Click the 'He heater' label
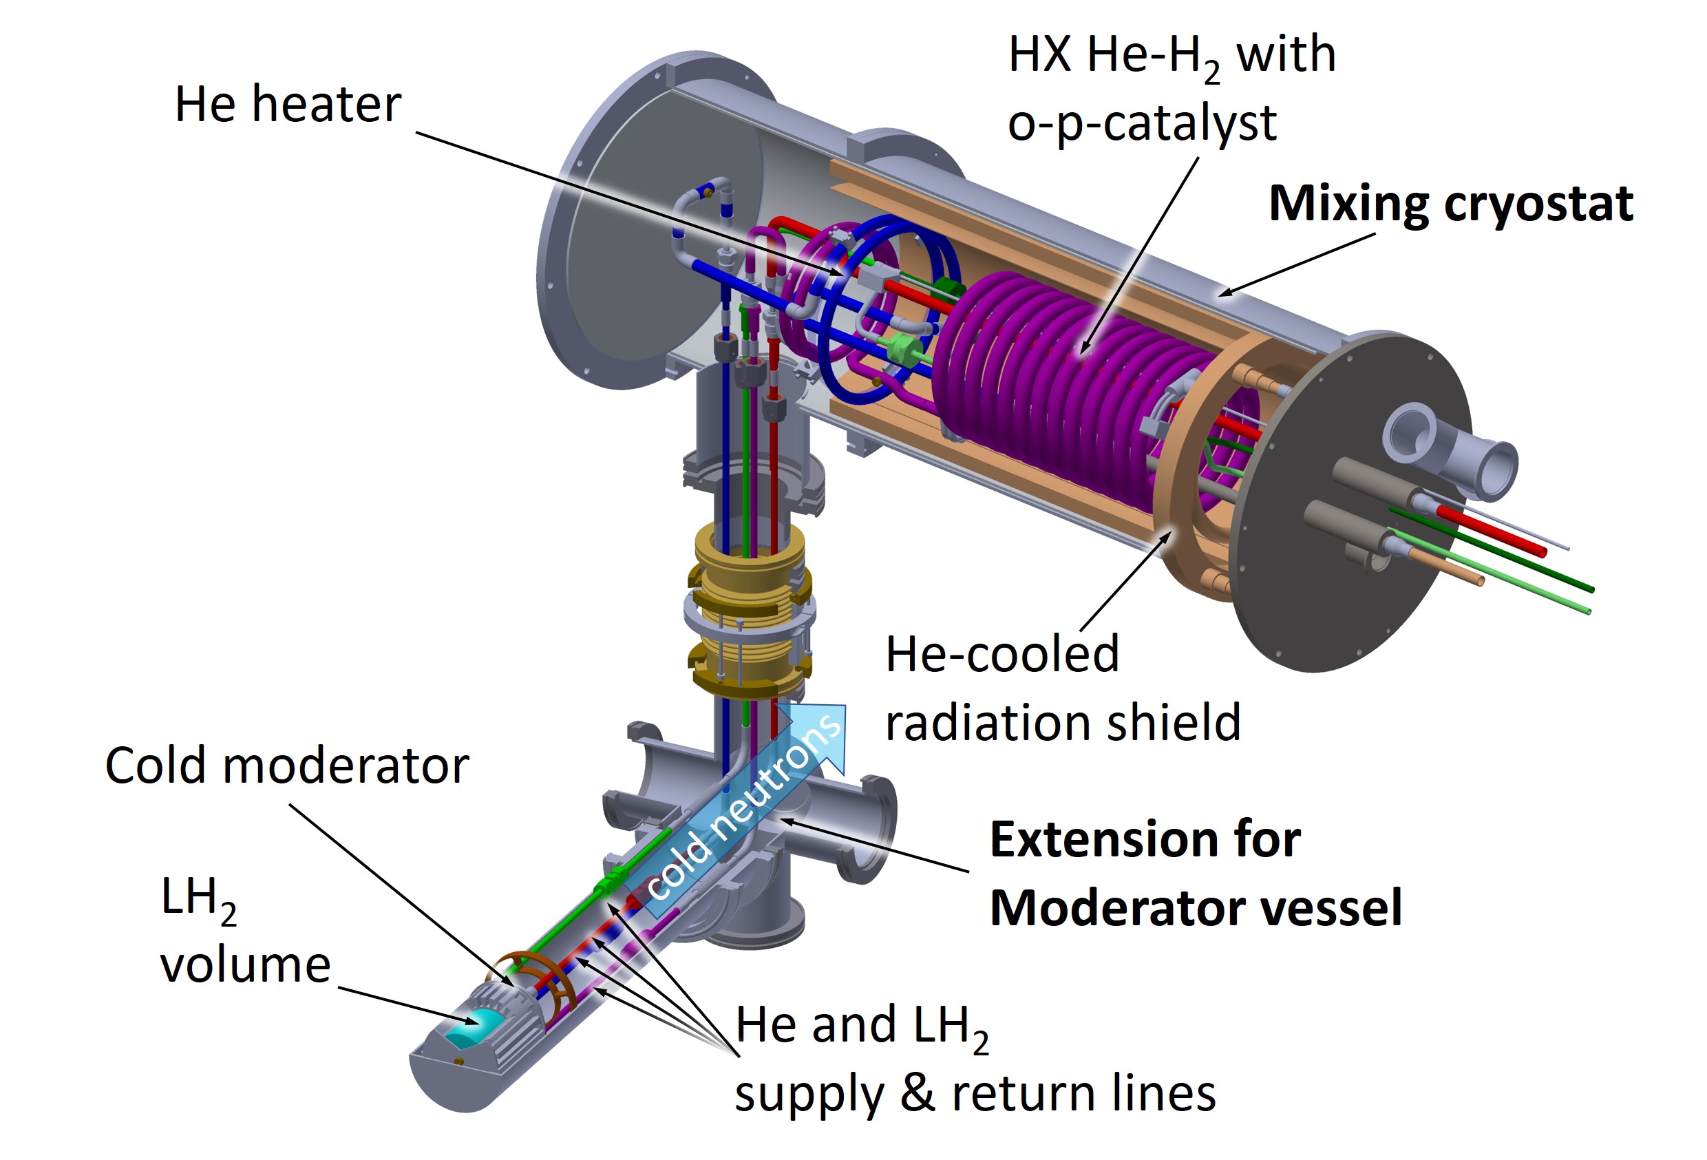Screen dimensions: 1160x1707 [x=287, y=105]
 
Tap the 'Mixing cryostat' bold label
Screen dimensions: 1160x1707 [x=1451, y=203]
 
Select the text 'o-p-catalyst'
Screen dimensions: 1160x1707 [x=1141, y=123]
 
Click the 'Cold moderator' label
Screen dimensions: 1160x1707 [x=286, y=766]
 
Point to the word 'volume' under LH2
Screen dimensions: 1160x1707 [x=245, y=964]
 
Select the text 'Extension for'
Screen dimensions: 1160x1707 [x=1145, y=839]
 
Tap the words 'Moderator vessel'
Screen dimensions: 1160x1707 [x=1195, y=908]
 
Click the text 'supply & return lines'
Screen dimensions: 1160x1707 [x=975, y=1094]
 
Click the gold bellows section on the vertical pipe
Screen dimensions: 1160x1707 [x=749, y=610]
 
